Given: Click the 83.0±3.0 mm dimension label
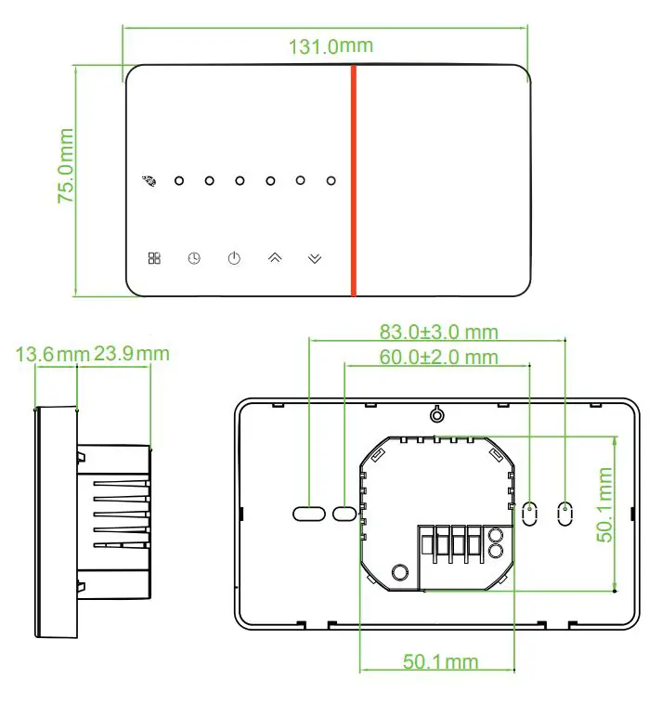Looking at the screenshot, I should [x=438, y=332].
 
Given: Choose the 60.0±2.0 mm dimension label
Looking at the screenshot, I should [x=438, y=358].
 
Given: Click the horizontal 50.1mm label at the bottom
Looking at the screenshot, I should [x=440, y=661].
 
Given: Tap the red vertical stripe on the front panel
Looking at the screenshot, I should [x=354, y=180].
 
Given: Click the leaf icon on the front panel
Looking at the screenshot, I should [x=149, y=180].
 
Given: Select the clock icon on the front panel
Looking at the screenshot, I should [x=193, y=258].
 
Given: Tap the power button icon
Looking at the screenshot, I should [x=234, y=258].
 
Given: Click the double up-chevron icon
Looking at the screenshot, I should [x=274, y=258].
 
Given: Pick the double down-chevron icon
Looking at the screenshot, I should [x=315, y=258].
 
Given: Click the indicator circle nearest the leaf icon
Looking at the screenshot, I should [x=179, y=180].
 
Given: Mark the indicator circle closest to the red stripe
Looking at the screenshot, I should [x=331, y=180].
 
